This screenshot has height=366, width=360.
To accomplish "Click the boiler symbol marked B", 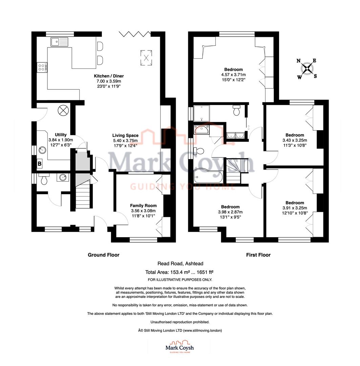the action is tap(40, 164).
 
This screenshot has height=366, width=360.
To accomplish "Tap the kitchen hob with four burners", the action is tap(42, 67).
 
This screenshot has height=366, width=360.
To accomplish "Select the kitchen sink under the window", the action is tap(59, 42).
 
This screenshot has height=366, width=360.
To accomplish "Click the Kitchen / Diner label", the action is tap(109, 76).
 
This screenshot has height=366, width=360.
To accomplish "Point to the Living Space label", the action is tap(125, 135).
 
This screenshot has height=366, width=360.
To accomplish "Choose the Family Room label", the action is tap(143, 206).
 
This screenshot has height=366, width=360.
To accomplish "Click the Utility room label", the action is tap(61, 135).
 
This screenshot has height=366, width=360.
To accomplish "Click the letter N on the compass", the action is tap(298, 61).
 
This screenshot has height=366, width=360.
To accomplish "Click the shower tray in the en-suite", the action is tap(202, 113).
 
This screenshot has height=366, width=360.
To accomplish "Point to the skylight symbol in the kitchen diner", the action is tap(146, 58).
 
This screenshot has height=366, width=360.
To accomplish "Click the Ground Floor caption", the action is tap(104, 255).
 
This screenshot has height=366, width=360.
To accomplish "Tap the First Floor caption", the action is tap(258, 255).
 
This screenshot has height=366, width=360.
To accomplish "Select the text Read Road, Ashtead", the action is tap(181, 264).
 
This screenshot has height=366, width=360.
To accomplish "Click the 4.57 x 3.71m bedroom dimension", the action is tap(233, 75).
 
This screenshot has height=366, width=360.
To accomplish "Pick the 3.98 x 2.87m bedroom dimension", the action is tap(230, 212).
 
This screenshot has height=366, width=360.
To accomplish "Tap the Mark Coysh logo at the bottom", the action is tap(179, 347).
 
